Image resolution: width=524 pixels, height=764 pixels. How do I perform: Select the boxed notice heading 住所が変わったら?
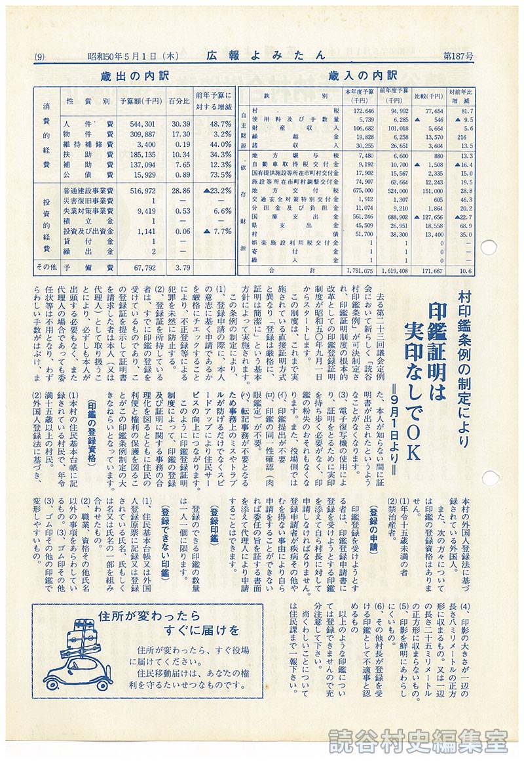click(137, 616)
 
